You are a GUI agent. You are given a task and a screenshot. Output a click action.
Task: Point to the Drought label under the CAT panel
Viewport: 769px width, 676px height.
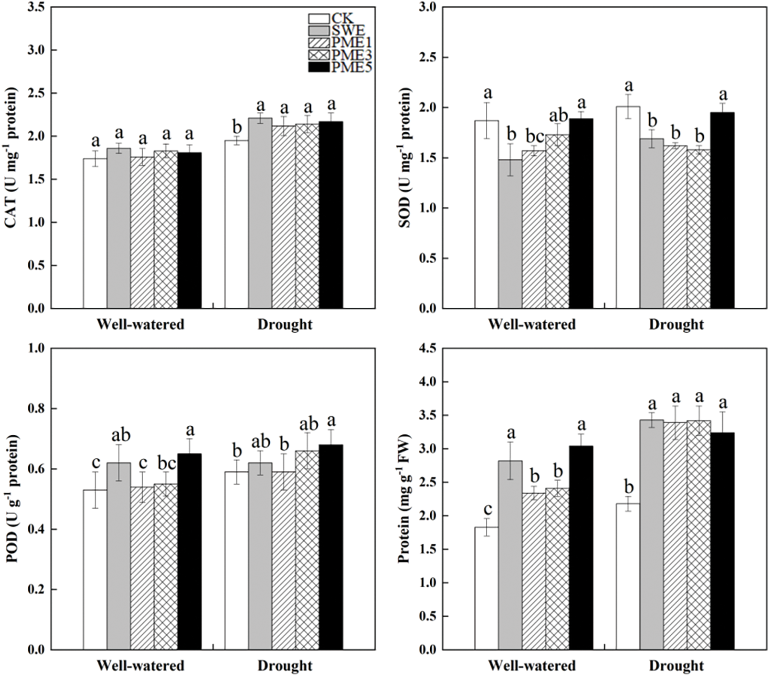[x=285, y=325]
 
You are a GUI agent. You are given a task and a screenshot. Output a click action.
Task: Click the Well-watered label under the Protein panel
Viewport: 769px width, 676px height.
[x=532, y=666]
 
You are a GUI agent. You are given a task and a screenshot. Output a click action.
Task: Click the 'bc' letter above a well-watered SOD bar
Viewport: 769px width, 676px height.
[x=533, y=137]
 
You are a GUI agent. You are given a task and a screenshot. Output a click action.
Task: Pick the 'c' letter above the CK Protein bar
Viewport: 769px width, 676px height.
[x=486, y=509]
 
